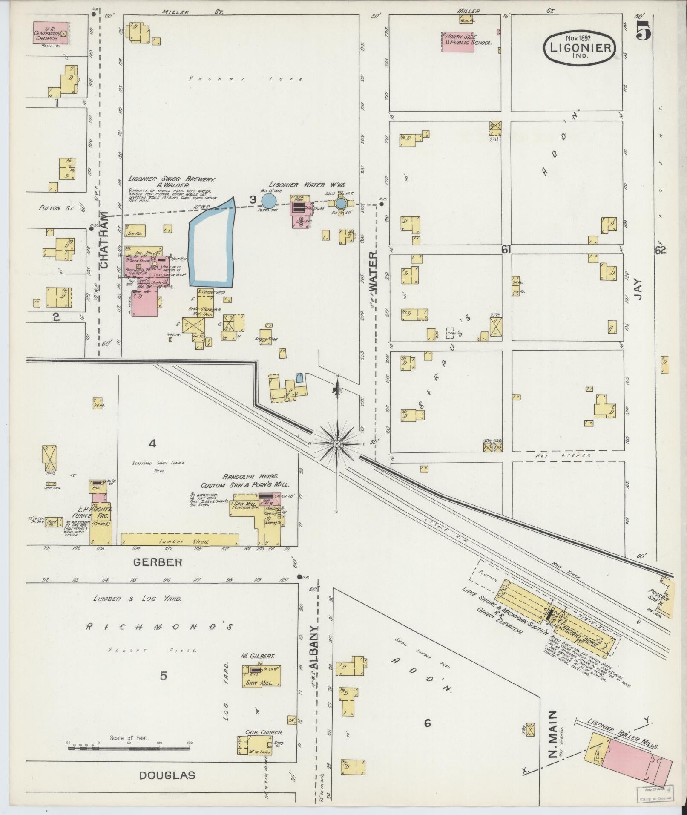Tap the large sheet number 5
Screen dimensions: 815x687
[x=643, y=31]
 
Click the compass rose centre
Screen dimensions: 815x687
[x=337, y=444]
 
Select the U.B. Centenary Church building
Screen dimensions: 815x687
[x=50, y=33]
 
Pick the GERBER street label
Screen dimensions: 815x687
[x=158, y=562]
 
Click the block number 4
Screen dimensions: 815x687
[x=152, y=444]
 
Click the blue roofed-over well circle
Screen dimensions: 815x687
[x=269, y=200]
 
